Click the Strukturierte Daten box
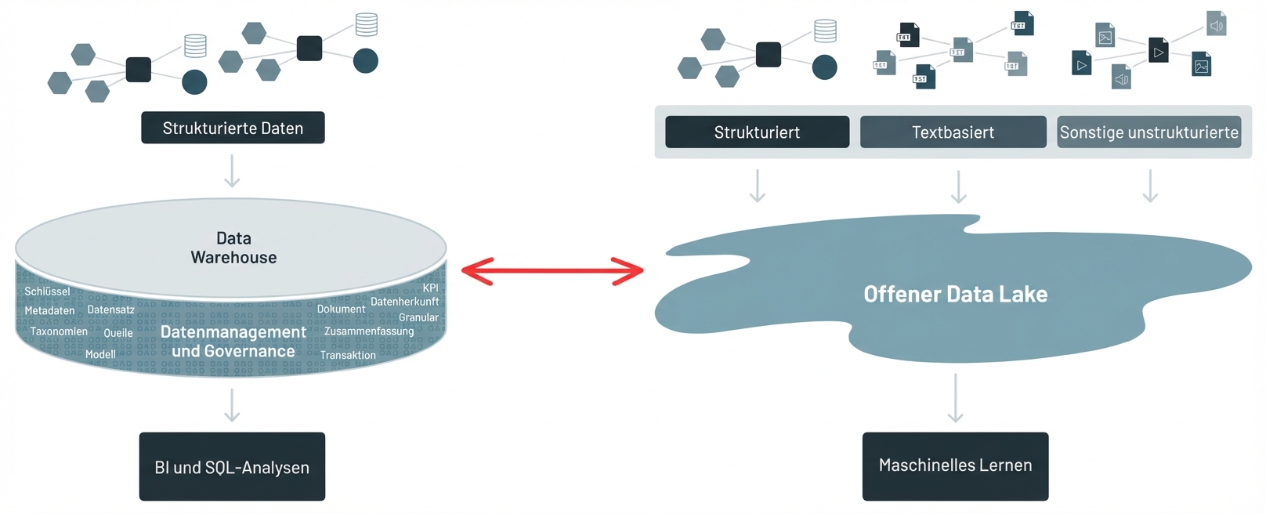[233, 128]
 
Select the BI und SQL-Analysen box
[232, 467]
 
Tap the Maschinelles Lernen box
[955, 465]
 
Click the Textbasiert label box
[953, 132]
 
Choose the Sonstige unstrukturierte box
[1148, 132]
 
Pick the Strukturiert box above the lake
[757, 132]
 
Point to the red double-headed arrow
[552, 271]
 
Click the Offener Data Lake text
[955, 295]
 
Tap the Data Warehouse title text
[233, 248]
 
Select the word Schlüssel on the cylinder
[47, 291]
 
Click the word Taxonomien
[59, 331]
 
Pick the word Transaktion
[348, 355]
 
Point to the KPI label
[430, 288]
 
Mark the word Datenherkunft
[404, 302]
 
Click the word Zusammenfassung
[369, 331]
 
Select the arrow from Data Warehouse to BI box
[232, 404]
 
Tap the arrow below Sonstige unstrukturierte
[1150, 186]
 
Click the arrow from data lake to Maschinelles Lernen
[955, 398]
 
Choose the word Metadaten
[49, 311]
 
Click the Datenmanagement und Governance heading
[233, 342]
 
